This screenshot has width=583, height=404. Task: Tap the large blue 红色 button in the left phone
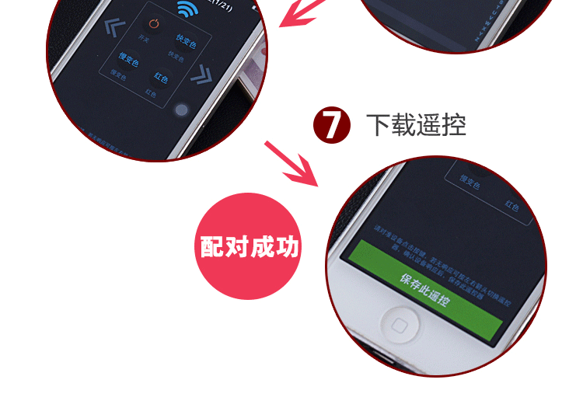click(161, 78)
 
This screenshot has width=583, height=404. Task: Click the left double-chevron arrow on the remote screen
click(113, 30)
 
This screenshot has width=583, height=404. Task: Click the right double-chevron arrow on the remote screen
click(202, 75)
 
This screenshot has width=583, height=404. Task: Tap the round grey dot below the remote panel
click(182, 111)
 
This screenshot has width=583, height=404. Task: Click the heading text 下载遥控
click(417, 124)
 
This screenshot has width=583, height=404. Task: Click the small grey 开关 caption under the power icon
click(142, 37)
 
